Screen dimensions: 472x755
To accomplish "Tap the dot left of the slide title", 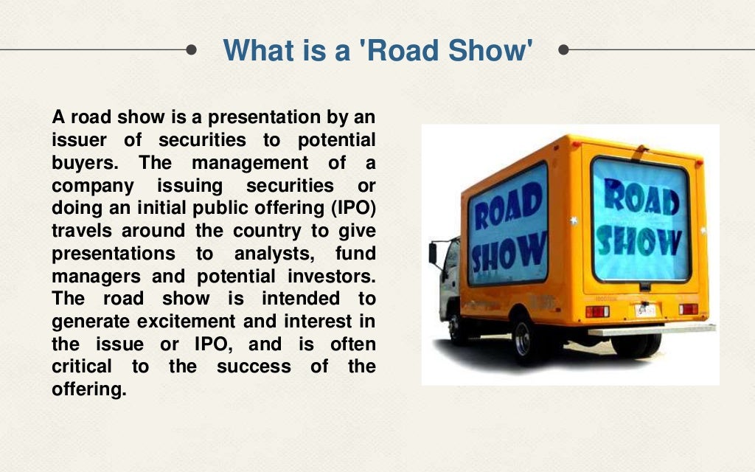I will coord(192,50).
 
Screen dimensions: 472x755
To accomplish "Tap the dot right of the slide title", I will coord(565,50).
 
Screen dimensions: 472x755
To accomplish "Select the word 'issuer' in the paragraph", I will coord(78,139).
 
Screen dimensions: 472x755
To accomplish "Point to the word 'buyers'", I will coord(81,162).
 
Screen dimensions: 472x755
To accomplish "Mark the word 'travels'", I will coord(83,231).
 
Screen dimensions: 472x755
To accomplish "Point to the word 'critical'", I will coord(82,367).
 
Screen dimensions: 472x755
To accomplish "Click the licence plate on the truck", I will coord(644,310).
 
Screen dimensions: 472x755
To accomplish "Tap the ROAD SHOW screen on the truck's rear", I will coord(640,219).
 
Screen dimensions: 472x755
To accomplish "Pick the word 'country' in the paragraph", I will coord(267,231).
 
